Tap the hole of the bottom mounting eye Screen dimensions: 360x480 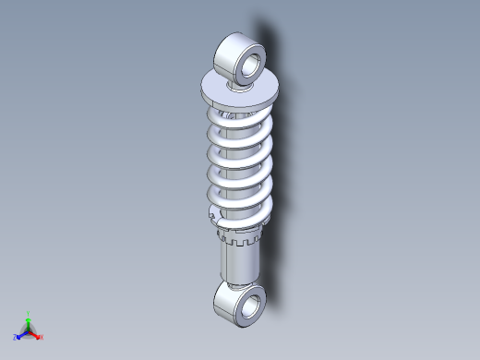pyautogui.click(x=250, y=306)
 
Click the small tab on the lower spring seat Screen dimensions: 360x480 pyautogui.click(x=214, y=218)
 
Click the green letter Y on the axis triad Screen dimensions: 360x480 pyautogui.click(x=29, y=314)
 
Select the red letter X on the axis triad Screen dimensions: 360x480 pyautogui.click(x=42, y=337)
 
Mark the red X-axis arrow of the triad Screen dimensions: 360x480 pyautogui.click(x=35, y=333)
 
